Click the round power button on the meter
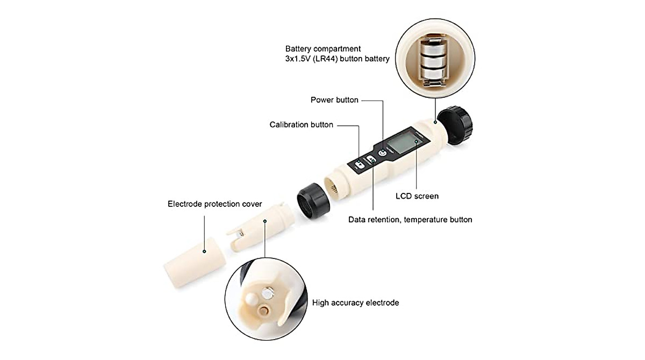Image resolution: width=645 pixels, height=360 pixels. (382, 153)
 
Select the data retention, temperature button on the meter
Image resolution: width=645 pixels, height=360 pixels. (371, 160)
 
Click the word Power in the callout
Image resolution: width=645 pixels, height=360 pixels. (322, 100)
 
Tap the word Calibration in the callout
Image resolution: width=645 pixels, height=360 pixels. (289, 125)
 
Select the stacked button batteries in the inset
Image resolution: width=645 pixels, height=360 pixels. (433, 60)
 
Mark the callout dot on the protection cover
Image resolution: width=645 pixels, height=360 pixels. (205, 251)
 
